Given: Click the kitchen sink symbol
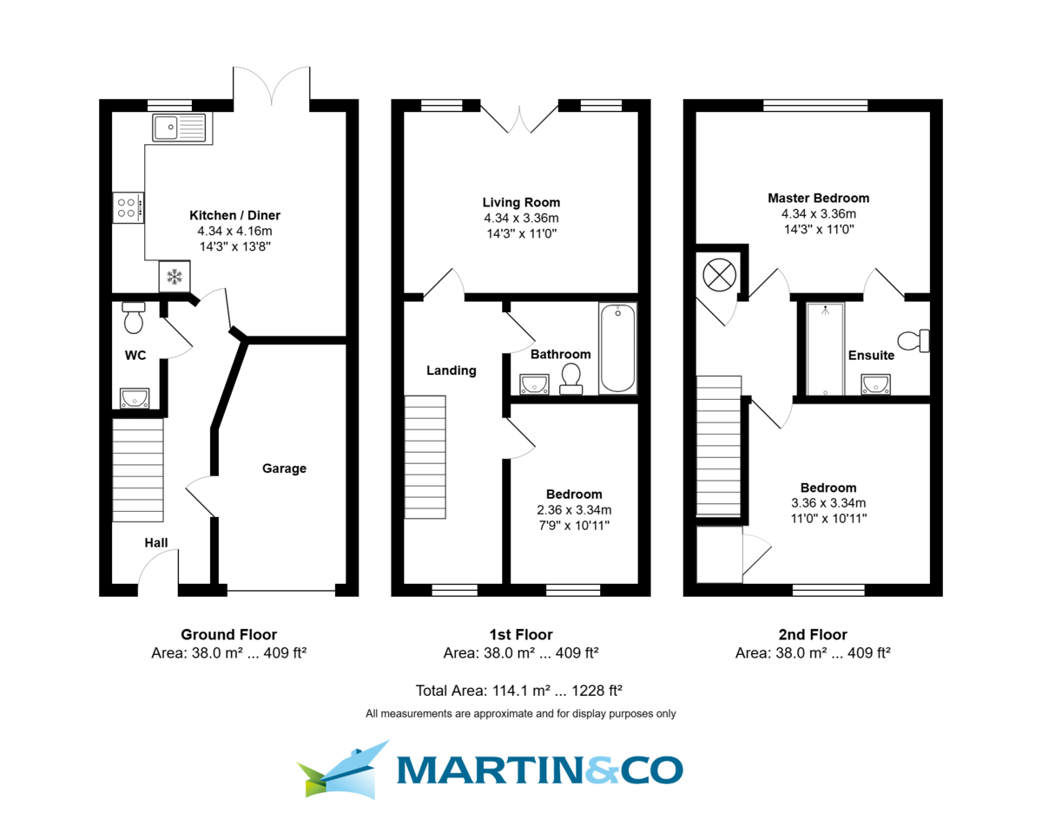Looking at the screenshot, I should tap(179, 128).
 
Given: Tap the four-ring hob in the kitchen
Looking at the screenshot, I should tap(128, 207).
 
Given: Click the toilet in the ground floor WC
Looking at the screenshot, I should tap(134, 319).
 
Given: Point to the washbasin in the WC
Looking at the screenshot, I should tap(135, 398).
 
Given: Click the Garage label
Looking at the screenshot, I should tap(285, 468).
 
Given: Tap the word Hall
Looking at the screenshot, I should tap(156, 542).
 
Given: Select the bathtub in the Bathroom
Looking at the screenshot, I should tap(617, 348).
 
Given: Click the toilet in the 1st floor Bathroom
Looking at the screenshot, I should tap(570, 379).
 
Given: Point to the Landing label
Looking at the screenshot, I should tap(451, 370).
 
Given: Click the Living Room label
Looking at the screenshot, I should tap(521, 203).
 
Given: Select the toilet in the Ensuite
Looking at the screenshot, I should tap(915, 340).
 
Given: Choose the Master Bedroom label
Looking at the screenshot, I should tap(818, 198).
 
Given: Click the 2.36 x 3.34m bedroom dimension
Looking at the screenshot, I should tap(574, 509).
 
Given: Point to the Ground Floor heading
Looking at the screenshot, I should tap(228, 634).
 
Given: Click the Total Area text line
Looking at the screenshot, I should tap(520, 691).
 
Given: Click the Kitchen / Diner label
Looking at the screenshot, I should tap(234, 215).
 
